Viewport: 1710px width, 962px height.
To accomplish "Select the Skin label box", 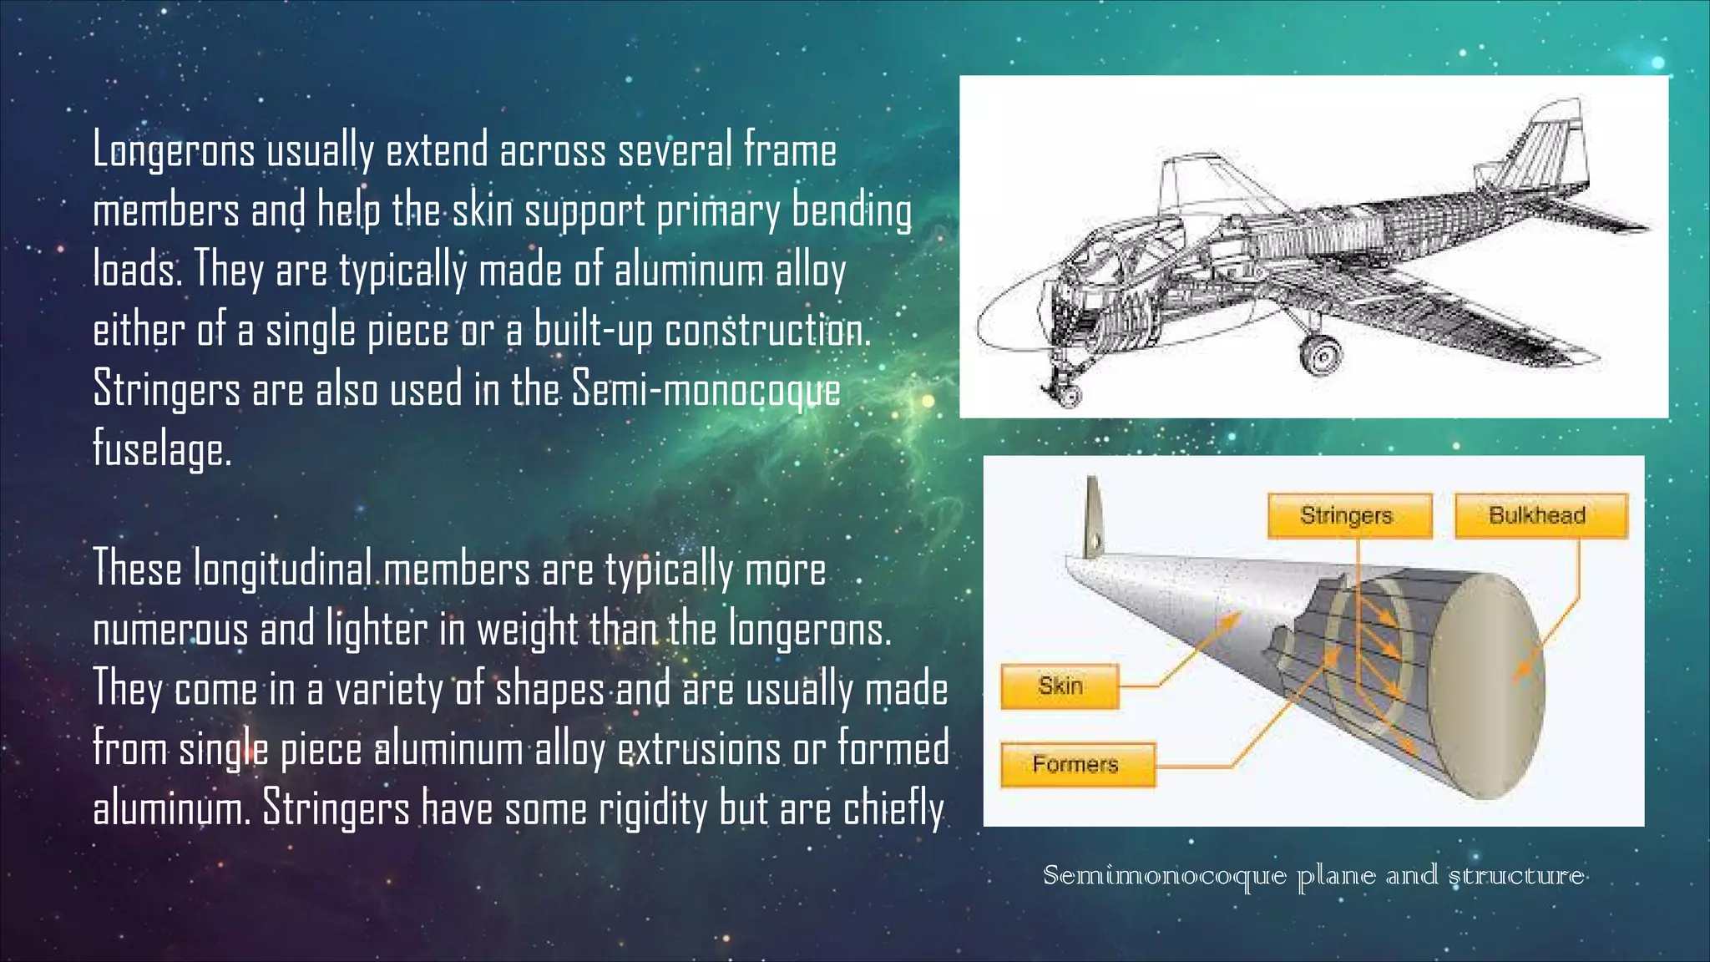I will click(1060, 686).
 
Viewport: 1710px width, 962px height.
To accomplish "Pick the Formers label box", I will click(1077, 764).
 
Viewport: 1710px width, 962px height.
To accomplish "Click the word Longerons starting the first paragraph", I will click(174, 151).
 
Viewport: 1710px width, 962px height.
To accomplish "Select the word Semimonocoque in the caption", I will click(1164, 876).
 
